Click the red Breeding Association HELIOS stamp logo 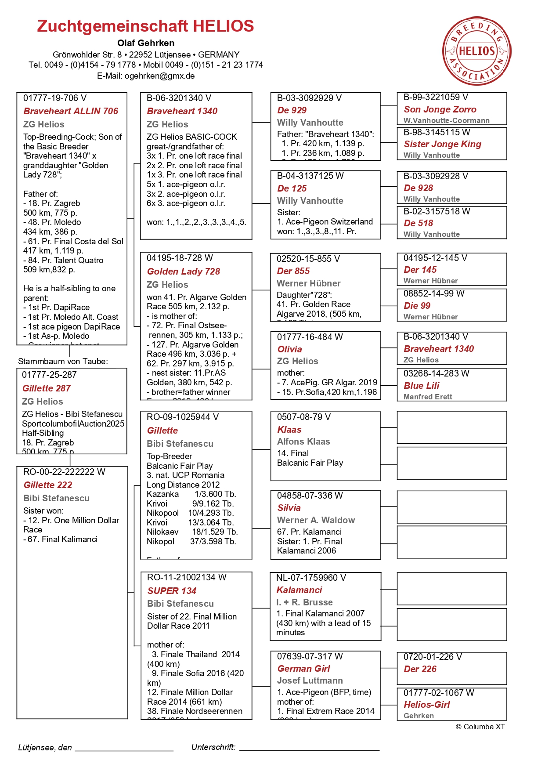476,51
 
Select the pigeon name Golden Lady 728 183,271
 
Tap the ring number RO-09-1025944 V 182,417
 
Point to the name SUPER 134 172,591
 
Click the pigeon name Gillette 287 47,388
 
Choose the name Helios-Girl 426,705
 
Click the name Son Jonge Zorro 440,109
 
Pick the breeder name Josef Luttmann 310,681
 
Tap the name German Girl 303,669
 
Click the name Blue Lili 421,386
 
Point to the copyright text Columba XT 480,727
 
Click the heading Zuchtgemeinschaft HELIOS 145,26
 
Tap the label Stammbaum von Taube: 63,362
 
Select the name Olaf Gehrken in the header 146,43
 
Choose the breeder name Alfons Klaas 303,442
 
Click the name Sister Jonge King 442,144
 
